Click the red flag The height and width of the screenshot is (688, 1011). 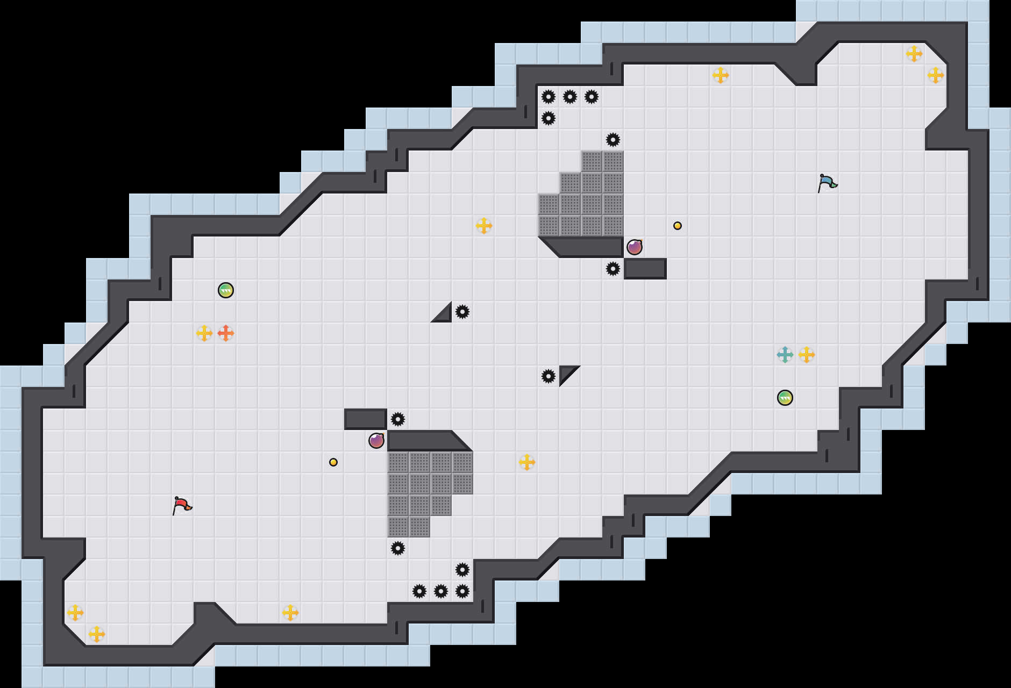pyautogui.click(x=182, y=505)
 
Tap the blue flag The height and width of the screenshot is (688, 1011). pyautogui.click(x=827, y=182)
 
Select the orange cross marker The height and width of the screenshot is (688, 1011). pyautogui.click(x=226, y=333)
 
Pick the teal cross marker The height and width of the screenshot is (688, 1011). pyautogui.click(x=785, y=355)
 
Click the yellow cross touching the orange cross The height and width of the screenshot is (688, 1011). pyautogui.click(x=204, y=333)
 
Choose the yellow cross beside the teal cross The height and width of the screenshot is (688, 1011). pyautogui.click(x=807, y=355)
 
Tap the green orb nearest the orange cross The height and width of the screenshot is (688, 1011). pyautogui.click(x=226, y=290)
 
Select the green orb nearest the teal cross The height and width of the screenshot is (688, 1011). pyautogui.click(x=785, y=398)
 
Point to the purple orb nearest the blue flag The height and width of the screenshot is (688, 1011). pyautogui.click(x=635, y=247)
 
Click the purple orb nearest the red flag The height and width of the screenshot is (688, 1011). pyautogui.click(x=376, y=441)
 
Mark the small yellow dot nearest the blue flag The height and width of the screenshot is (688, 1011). pyautogui.click(x=678, y=226)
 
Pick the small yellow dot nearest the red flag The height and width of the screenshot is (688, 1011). pyautogui.click(x=333, y=462)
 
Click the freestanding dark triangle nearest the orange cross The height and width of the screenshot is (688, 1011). pyautogui.click(x=444, y=314)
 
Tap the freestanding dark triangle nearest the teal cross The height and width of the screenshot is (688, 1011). pyautogui.click(x=567, y=373)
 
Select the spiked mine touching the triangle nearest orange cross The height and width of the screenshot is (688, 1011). pyautogui.click(x=462, y=312)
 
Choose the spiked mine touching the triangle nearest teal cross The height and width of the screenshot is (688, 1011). pyautogui.click(x=549, y=376)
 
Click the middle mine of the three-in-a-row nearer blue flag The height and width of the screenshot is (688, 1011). pyautogui.click(x=570, y=97)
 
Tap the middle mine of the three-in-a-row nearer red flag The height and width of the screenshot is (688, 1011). pyautogui.click(x=441, y=591)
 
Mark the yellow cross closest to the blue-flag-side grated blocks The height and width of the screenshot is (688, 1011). pyautogui.click(x=484, y=226)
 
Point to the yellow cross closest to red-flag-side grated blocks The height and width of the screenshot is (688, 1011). pyautogui.click(x=527, y=462)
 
